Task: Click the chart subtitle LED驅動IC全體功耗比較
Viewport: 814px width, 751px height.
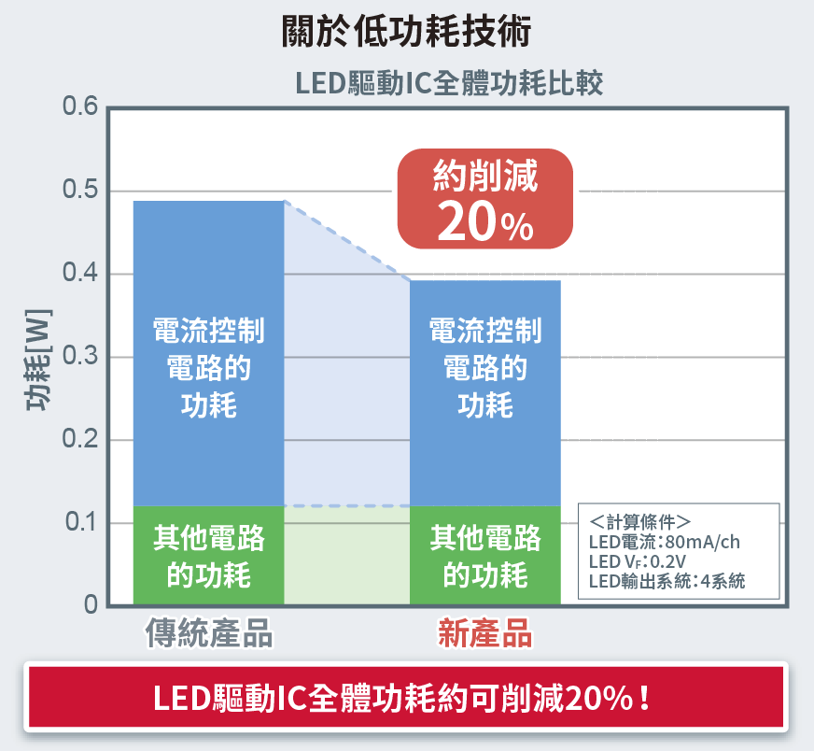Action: [x=449, y=84]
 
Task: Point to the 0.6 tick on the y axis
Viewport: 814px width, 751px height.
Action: [x=80, y=108]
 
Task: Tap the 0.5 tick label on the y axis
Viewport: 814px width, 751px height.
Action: [x=80, y=191]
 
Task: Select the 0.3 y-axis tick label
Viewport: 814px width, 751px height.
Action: [x=80, y=358]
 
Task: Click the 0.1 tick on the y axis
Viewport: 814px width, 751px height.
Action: [x=80, y=523]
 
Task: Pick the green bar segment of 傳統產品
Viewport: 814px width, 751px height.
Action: [x=208, y=556]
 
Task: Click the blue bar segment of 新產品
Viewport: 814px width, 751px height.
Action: [x=485, y=392]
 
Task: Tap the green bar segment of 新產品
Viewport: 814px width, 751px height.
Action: [x=485, y=556]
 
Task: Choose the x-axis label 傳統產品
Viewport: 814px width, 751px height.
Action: [x=209, y=634]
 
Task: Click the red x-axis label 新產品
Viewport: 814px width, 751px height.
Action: [x=485, y=634]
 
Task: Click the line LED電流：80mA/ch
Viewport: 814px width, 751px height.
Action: [x=664, y=542]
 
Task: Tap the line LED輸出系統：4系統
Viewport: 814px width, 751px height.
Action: [x=667, y=581]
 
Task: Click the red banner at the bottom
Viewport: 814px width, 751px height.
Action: [x=406, y=697]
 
